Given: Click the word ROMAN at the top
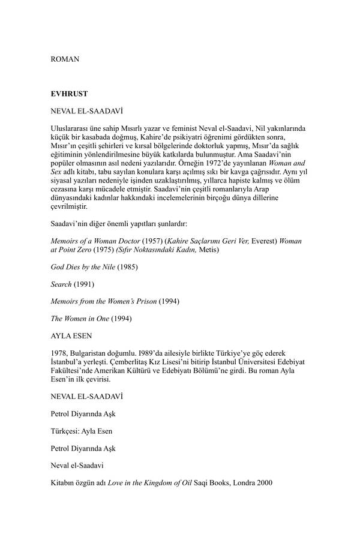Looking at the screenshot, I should tap(65, 59).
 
